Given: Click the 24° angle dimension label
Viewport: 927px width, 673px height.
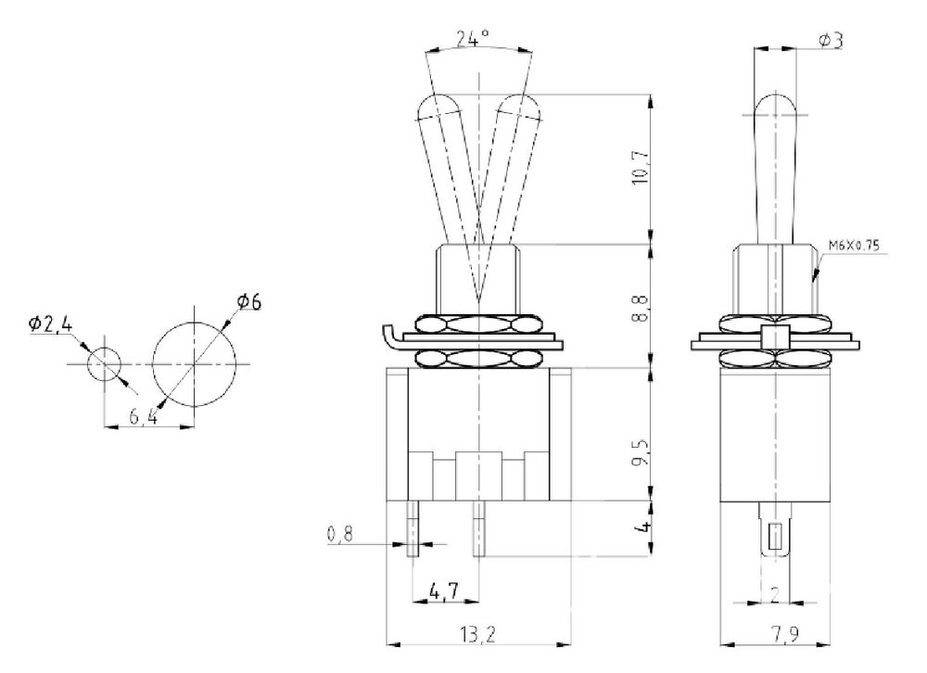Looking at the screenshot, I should pyautogui.click(x=473, y=40).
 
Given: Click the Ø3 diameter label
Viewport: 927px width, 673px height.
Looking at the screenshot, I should pyautogui.click(x=831, y=41).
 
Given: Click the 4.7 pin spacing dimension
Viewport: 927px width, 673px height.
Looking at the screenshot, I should pyautogui.click(x=443, y=590).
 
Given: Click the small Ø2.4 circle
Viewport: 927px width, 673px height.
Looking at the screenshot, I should pyautogui.click(x=103, y=363).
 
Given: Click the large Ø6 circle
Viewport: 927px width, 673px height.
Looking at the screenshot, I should pyautogui.click(x=194, y=362).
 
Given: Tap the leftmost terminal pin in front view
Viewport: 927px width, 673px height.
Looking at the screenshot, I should pyautogui.click(x=413, y=528).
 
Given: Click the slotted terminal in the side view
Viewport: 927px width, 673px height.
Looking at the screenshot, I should pyautogui.click(x=775, y=533).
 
